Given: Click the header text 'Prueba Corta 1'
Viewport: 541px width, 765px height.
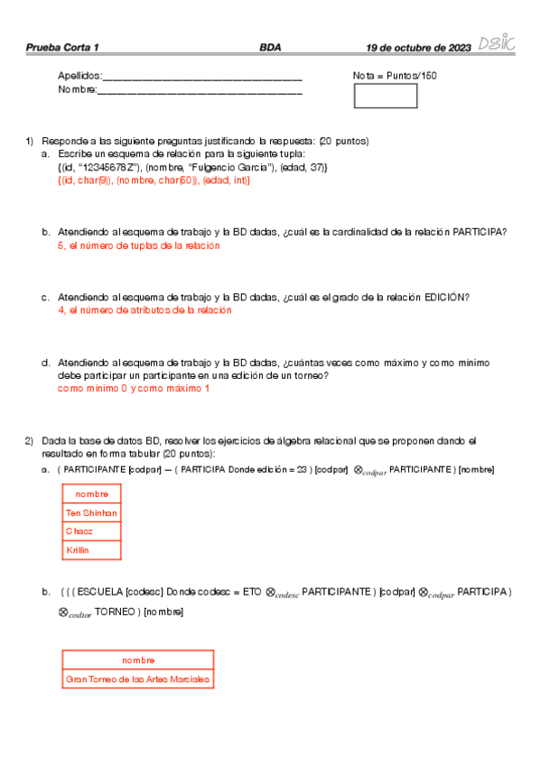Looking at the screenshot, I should [x=62, y=47].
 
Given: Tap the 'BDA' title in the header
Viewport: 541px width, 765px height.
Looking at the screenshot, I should [x=270, y=47].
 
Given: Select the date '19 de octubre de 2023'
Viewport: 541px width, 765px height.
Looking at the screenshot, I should [x=418, y=47].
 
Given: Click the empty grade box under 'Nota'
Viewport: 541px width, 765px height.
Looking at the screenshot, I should [x=385, y=96].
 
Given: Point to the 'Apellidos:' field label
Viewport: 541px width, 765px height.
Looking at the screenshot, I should [x=80, y=76].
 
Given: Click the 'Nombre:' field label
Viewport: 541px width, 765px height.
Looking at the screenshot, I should [x=77, y=89].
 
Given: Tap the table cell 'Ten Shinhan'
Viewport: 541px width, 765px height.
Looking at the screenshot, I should [x=91, y=512].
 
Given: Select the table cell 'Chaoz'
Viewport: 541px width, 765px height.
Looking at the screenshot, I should [x=79, y=531].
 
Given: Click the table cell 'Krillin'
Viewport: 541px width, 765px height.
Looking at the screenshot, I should [x=78, y=549].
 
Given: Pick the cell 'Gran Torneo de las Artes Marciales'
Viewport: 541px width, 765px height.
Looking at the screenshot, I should [x=137, y=678].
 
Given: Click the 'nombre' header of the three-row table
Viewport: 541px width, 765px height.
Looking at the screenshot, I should [x=91, y=493].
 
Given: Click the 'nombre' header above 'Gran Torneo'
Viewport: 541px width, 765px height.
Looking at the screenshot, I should [x=138, y=659].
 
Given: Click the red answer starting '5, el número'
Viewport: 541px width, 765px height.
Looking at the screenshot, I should [x=138, y=245].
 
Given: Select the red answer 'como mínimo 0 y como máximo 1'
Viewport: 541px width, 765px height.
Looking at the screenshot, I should [x=133, y=388].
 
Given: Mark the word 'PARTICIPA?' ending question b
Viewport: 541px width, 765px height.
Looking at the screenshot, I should [x=480, y=232].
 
